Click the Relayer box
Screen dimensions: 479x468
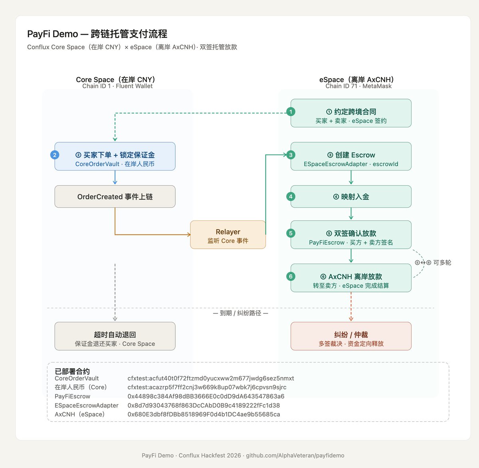228,235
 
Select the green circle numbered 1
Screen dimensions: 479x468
291,112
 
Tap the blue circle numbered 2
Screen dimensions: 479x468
55,155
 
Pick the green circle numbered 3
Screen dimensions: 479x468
291,155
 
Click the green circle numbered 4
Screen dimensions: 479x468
291,196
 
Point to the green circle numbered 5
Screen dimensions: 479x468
291,233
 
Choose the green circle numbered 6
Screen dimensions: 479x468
291,276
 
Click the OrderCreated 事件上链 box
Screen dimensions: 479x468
115,196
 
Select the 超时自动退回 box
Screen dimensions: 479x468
115,336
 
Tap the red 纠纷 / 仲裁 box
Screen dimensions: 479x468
351,336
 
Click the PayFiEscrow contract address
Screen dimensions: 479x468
206,397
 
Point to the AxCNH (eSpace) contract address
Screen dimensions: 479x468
204,414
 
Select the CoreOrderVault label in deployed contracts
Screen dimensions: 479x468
77,379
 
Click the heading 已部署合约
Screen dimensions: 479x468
72,371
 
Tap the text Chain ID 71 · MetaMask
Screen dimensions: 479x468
358,86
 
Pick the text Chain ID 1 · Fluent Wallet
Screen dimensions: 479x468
117,86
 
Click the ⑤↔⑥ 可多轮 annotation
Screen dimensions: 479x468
433,263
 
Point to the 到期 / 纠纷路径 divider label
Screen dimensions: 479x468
240,313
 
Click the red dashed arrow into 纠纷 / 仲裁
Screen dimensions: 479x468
351,307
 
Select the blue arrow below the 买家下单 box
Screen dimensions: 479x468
115,178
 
